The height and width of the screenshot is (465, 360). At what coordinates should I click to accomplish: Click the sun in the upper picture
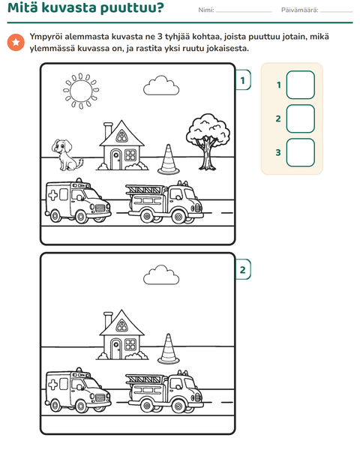click(81, 91)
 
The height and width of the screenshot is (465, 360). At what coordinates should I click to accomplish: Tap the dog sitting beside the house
click(67, 154)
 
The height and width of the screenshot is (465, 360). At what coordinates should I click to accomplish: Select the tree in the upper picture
click(208, 142)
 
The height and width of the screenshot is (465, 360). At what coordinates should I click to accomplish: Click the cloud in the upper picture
click(161, 85)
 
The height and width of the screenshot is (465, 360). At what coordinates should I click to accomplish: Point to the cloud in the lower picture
click(161, 275)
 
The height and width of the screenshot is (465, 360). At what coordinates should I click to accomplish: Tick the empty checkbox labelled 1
click(301, 85)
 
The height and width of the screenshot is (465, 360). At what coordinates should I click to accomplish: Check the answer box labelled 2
click(301, 118)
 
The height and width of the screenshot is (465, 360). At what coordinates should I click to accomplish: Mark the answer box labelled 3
click(301, 152)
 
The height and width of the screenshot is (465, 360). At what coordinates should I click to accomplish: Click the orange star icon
click(16, 42)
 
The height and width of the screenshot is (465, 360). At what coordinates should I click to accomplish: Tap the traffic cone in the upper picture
click(169, 159)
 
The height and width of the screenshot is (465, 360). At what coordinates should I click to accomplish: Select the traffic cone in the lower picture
click(169, 349)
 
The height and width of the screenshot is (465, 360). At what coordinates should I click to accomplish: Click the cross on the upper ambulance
click(53, 195)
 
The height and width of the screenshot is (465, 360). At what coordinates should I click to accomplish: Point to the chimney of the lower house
click(108, 319)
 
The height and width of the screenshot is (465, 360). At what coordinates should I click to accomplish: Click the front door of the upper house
click(115, 160)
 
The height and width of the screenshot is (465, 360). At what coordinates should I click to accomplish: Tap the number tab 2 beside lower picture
click(243, 269)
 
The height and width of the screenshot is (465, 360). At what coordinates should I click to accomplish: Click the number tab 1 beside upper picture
click(243, 80)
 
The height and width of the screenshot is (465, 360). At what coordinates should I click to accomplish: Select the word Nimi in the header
click(205, 10)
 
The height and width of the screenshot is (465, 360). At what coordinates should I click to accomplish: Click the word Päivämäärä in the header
click(299, 10)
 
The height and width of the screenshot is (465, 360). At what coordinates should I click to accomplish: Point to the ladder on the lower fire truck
click(145, 379)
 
